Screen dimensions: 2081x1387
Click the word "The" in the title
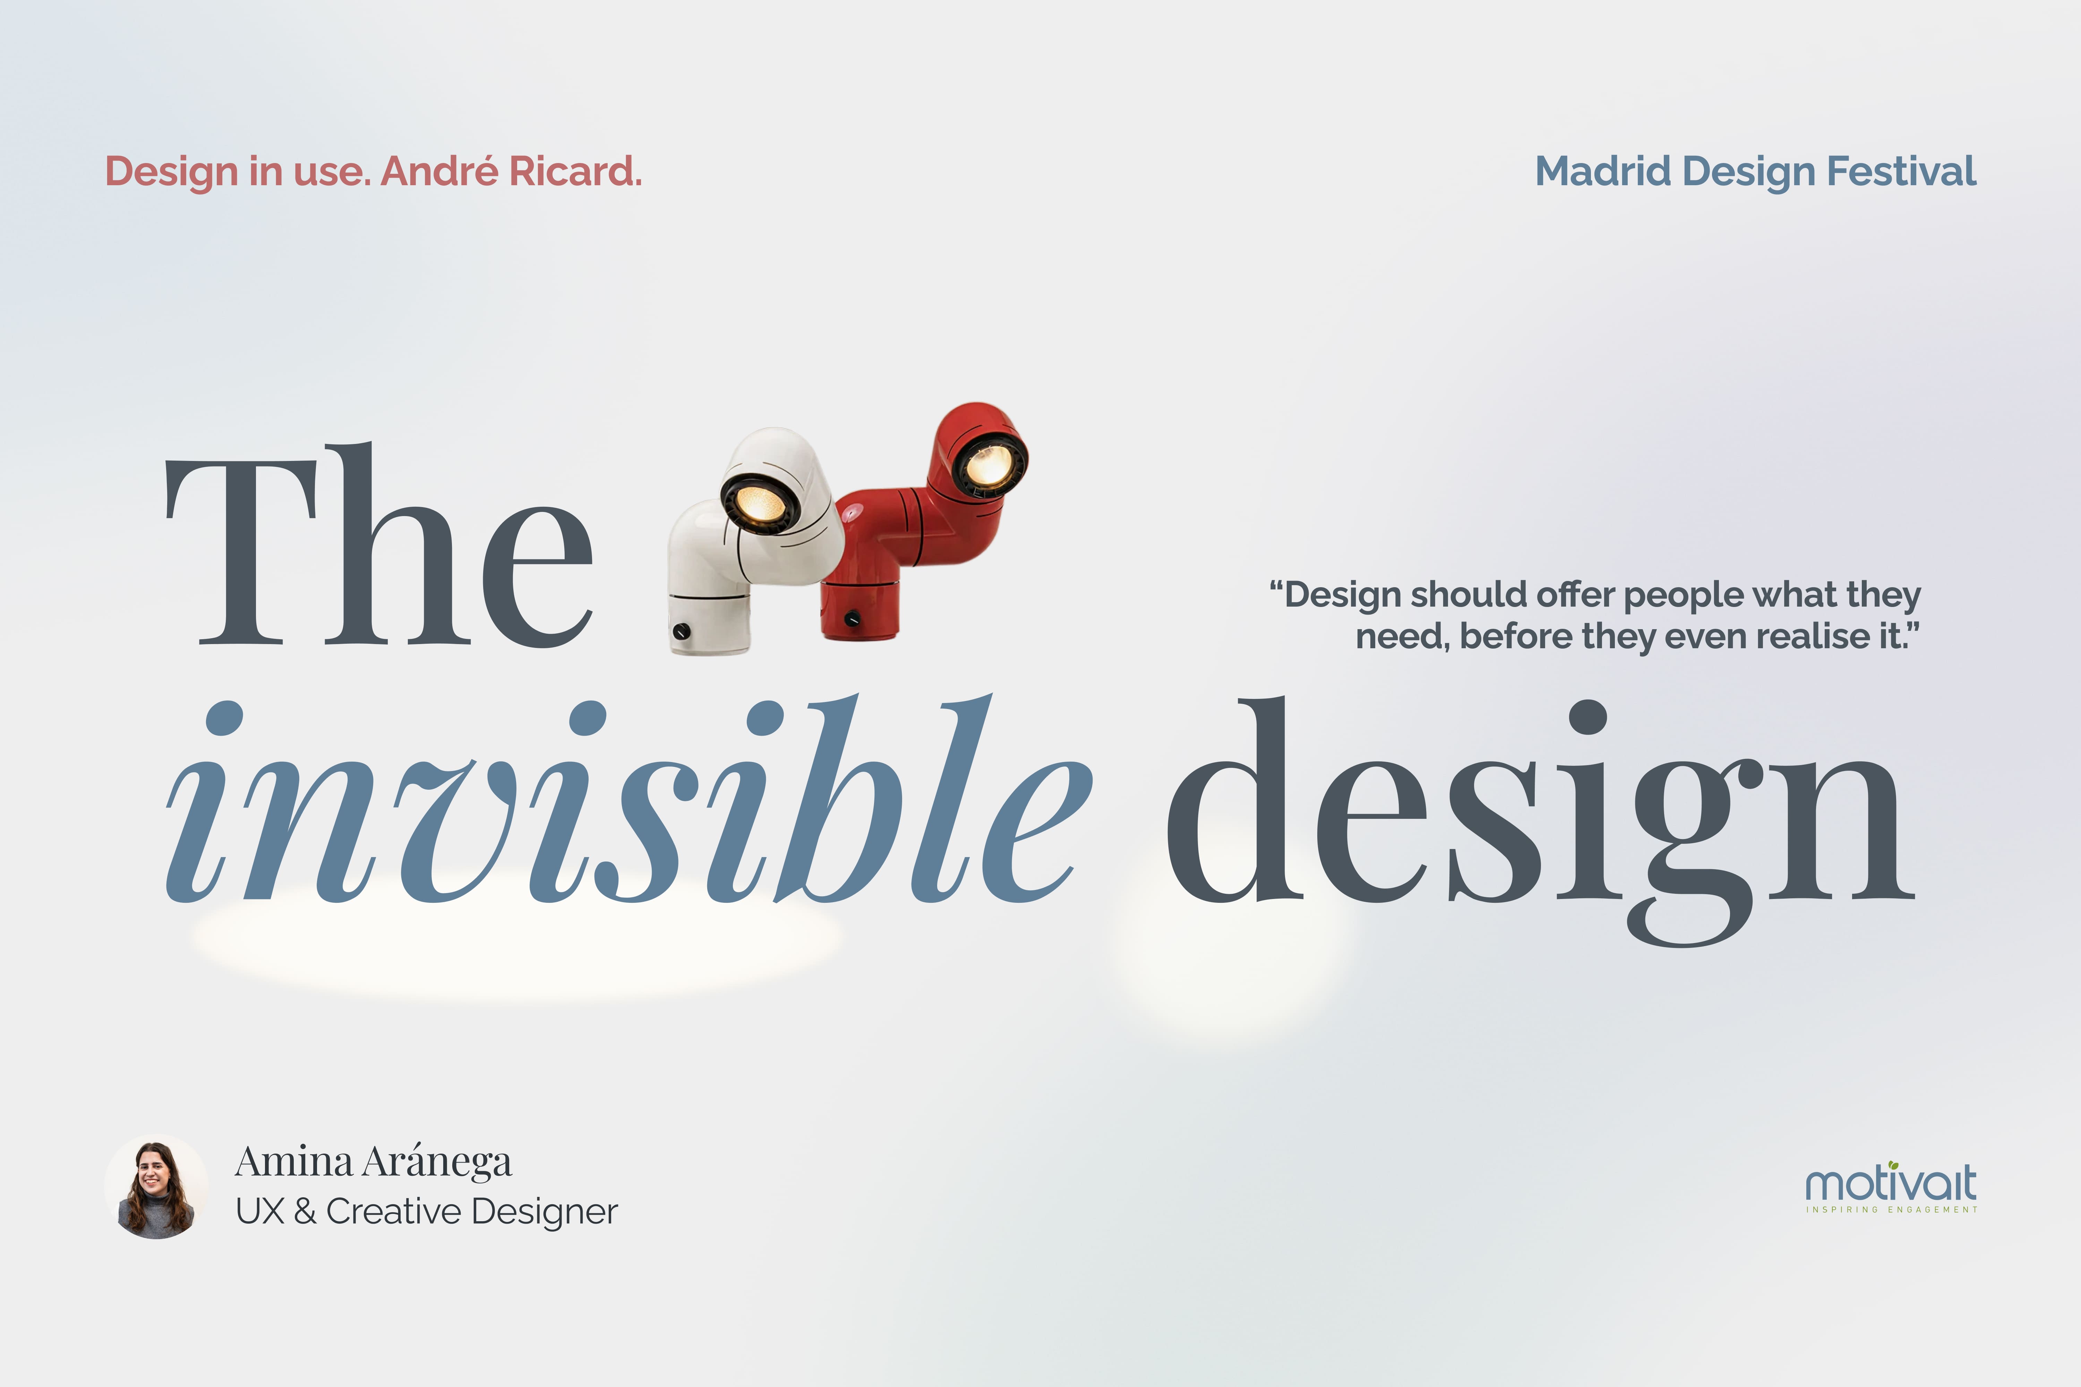(x=378, y=544)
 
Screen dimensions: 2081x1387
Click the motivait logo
(x=1891, y=1185)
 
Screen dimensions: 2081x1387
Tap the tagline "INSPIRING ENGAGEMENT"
(x=1892, y=1209)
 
